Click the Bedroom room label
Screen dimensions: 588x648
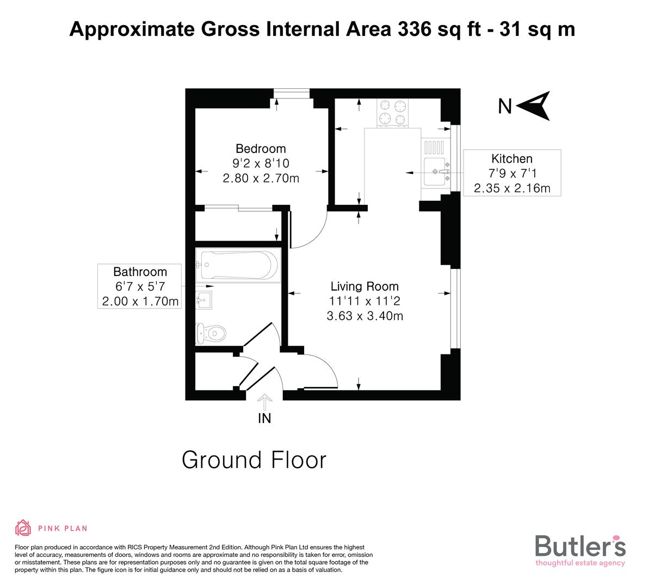tap(260, 149)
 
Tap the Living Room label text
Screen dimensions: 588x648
tap(365, 286)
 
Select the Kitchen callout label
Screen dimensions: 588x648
tap(511, 159)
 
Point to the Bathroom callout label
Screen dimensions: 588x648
tap(140, 272)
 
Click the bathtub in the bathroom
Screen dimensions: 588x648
tap(237, 265)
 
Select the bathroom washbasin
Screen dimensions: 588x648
tap(205, 299)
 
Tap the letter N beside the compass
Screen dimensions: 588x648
tap(505, 107)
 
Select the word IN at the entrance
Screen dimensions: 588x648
tap(264, 419)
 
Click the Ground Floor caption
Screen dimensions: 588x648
tap(254, 460)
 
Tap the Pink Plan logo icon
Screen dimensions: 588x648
tap(23, 528)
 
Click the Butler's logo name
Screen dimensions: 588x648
tap(580, 546)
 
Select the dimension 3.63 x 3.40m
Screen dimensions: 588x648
tap(365, 316)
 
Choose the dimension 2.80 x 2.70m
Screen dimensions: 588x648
tap(261, 178)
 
